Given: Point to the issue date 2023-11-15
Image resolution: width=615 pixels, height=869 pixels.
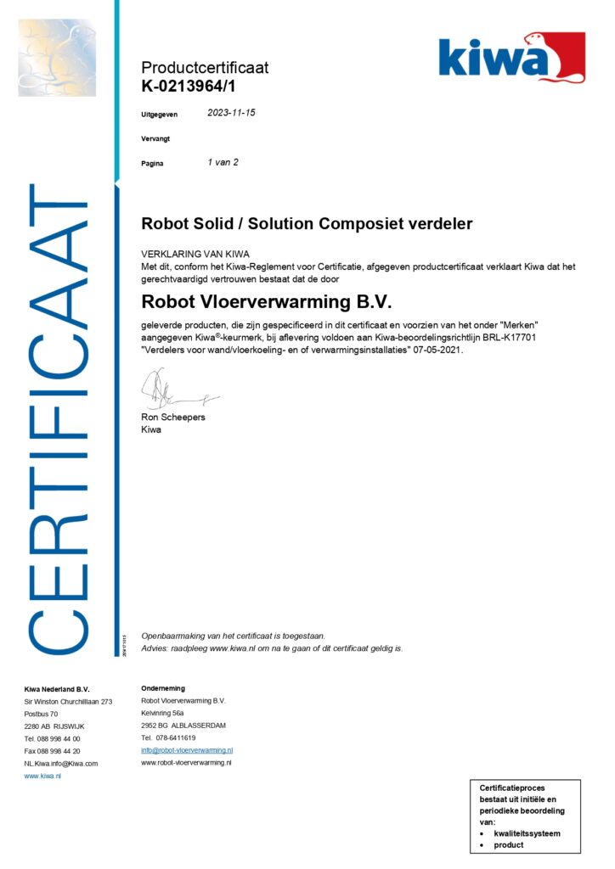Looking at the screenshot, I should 232,112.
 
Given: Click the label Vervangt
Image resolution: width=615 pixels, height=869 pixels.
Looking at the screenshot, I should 155,138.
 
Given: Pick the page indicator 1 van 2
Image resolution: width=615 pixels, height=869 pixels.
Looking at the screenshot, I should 223,162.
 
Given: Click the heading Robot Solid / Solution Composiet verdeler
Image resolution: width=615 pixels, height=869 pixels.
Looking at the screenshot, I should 307,224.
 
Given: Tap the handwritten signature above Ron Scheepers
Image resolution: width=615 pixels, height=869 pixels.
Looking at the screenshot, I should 174,390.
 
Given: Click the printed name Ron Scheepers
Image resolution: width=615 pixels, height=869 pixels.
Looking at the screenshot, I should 173,418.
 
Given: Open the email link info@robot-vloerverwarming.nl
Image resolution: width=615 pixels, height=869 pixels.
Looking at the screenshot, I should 187,750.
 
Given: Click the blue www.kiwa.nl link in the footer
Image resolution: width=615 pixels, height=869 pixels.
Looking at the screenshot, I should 42,776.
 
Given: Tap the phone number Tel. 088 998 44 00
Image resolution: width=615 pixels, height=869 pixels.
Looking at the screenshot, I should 53,738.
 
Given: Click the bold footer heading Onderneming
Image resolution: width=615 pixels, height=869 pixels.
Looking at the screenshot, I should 163,688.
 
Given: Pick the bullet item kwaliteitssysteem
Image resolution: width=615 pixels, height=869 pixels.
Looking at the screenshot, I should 527,833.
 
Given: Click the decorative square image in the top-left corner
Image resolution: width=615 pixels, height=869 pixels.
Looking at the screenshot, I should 57,57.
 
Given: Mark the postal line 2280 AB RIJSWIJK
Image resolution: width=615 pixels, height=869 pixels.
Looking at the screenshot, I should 54,726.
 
